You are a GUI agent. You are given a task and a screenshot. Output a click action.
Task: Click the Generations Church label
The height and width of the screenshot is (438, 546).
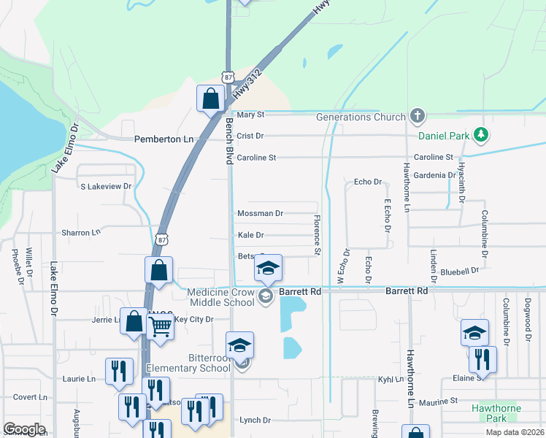pyautogui.click(x=360, y=117)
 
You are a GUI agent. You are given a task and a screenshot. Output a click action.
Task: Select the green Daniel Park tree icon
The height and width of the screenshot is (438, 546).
pyautogui.click(x=480, y=134)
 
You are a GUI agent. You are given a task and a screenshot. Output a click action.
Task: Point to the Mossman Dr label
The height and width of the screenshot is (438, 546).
pyautogui.click(x=260, y=213)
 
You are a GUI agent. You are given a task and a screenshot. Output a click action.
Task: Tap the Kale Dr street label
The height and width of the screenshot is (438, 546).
pyautogui.click(x=250, y=235)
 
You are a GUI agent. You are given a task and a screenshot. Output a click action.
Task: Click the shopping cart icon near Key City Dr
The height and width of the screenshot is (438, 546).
pyautogui.click(x=160, y=327)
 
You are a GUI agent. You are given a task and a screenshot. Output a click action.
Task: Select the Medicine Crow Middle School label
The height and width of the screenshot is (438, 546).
pyautogui.click(x=220, y=297)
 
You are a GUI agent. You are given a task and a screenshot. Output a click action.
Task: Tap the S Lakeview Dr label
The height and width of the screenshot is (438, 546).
pyautogui.click(x=106, y=186)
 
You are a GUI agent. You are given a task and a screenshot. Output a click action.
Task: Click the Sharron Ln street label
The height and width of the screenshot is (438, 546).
pyautogui.click(x=81, y=232)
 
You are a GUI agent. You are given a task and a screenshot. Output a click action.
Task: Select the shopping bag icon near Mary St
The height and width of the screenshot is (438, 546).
pyautogui.click(x=210, y=100)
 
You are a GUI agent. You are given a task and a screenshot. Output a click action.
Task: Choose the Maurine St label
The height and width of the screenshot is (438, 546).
pyautogui.click(x=437, y=401)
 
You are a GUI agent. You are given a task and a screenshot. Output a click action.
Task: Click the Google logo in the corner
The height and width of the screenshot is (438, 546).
pyautogui.click(x=24, y=429)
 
